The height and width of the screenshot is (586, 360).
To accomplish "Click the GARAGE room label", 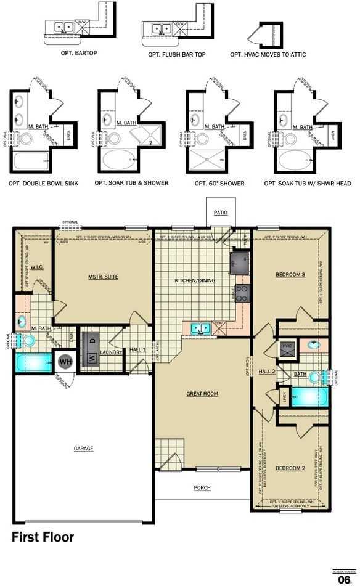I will (x=84, y=449).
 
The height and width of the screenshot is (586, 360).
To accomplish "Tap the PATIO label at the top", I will (x=221, y=213).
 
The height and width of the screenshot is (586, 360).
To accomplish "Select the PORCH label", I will (x=202, y=487).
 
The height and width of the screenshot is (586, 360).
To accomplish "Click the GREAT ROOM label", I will (x=202, y=393).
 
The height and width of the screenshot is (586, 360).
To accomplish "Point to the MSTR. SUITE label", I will (x=103, y=277).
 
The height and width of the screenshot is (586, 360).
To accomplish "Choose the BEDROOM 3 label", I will (x=290, y=274).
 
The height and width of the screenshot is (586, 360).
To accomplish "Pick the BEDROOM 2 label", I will (x=290, y=468).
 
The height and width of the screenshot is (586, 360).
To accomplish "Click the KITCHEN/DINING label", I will (x=195, y=281).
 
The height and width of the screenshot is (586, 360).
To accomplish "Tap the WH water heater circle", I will (x=66, y=361).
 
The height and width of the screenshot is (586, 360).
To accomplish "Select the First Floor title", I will (x=43, y=537).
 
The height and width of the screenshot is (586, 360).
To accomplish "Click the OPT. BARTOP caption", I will (x=80, y=53).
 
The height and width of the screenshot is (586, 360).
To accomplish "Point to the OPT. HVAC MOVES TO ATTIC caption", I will (x=268, y=55).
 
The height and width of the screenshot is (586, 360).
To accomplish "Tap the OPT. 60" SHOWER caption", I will (x=219, y=184).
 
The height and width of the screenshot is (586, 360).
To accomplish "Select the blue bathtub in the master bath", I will (x=34, y=362).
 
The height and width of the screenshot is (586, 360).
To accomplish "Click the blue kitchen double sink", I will (x=200, y=328).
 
